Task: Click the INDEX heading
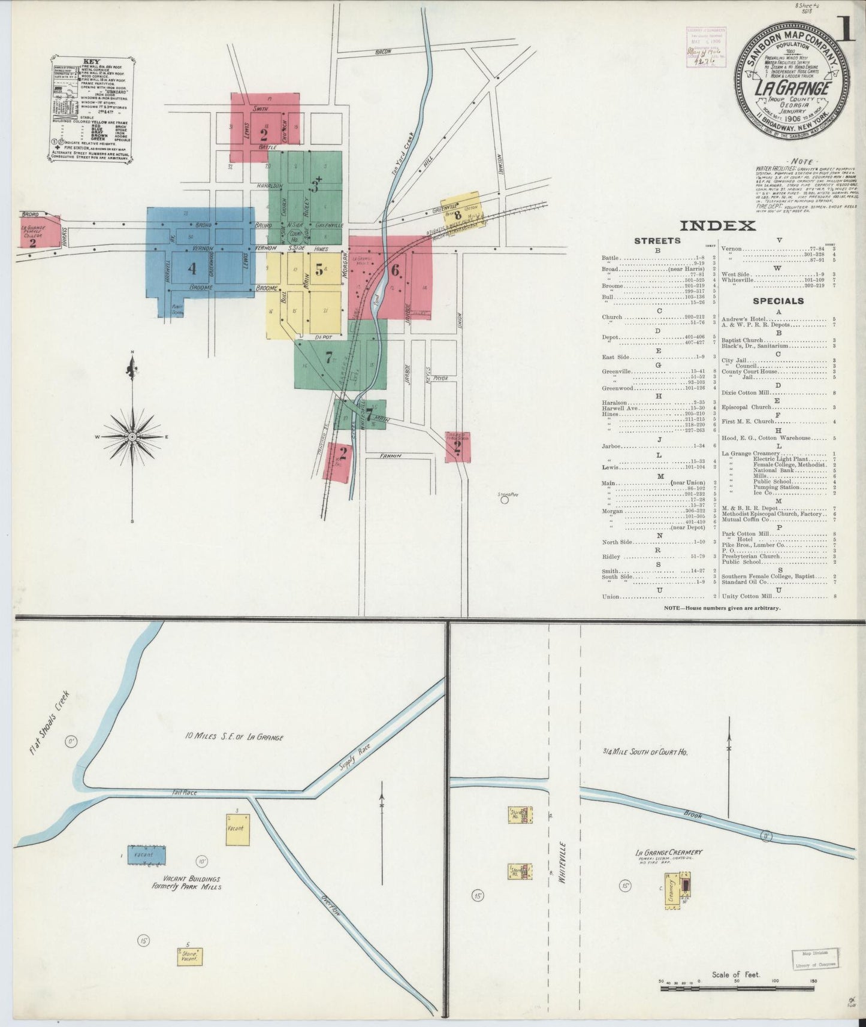point(717,226)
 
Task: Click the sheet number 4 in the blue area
point(192,269)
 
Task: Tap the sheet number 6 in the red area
point(395,270)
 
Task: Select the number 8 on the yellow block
point(457,215)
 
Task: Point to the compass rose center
point(132,437)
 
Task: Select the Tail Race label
point(183,792)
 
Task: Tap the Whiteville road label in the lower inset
point(563,862)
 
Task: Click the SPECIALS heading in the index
point(779,301)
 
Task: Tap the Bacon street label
point(383,52)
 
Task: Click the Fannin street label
point(390,456)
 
